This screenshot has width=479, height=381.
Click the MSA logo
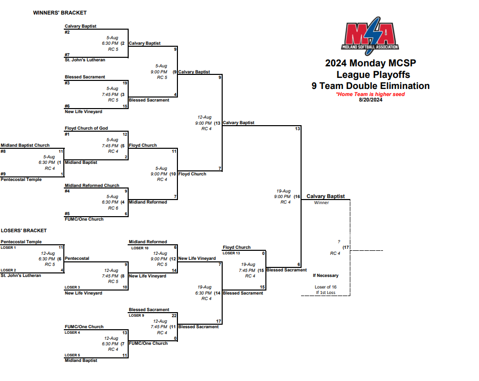(x=371, y=36)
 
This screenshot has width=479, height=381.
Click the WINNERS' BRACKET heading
(x=60, y=13)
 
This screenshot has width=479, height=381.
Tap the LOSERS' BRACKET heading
(x=24, y=231)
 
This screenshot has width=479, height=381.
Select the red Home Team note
(x=370, y=94)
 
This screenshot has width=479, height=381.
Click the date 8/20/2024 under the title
(x=371, y=100)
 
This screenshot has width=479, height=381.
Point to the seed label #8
(x=3, y=151)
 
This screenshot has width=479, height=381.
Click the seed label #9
(x=3, y=174)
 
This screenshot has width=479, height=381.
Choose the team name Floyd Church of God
(x=86, y=128)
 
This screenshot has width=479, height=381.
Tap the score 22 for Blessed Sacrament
(x=174, y=315)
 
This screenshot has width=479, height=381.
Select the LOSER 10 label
(x=140, y=248)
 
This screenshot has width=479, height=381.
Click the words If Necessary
(x=326, y=275)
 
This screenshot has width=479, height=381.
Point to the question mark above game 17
(x=339, y=242)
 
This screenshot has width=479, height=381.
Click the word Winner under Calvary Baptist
(x=321, y=203)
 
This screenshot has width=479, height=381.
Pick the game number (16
(x=297, y=197)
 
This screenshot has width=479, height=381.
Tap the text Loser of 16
(x=326, y=287)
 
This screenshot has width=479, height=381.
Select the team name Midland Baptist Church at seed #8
(x=25, y=145)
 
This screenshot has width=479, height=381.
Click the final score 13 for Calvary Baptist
(x=298, y=129)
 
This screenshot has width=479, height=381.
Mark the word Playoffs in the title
(x=387, y=75)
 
